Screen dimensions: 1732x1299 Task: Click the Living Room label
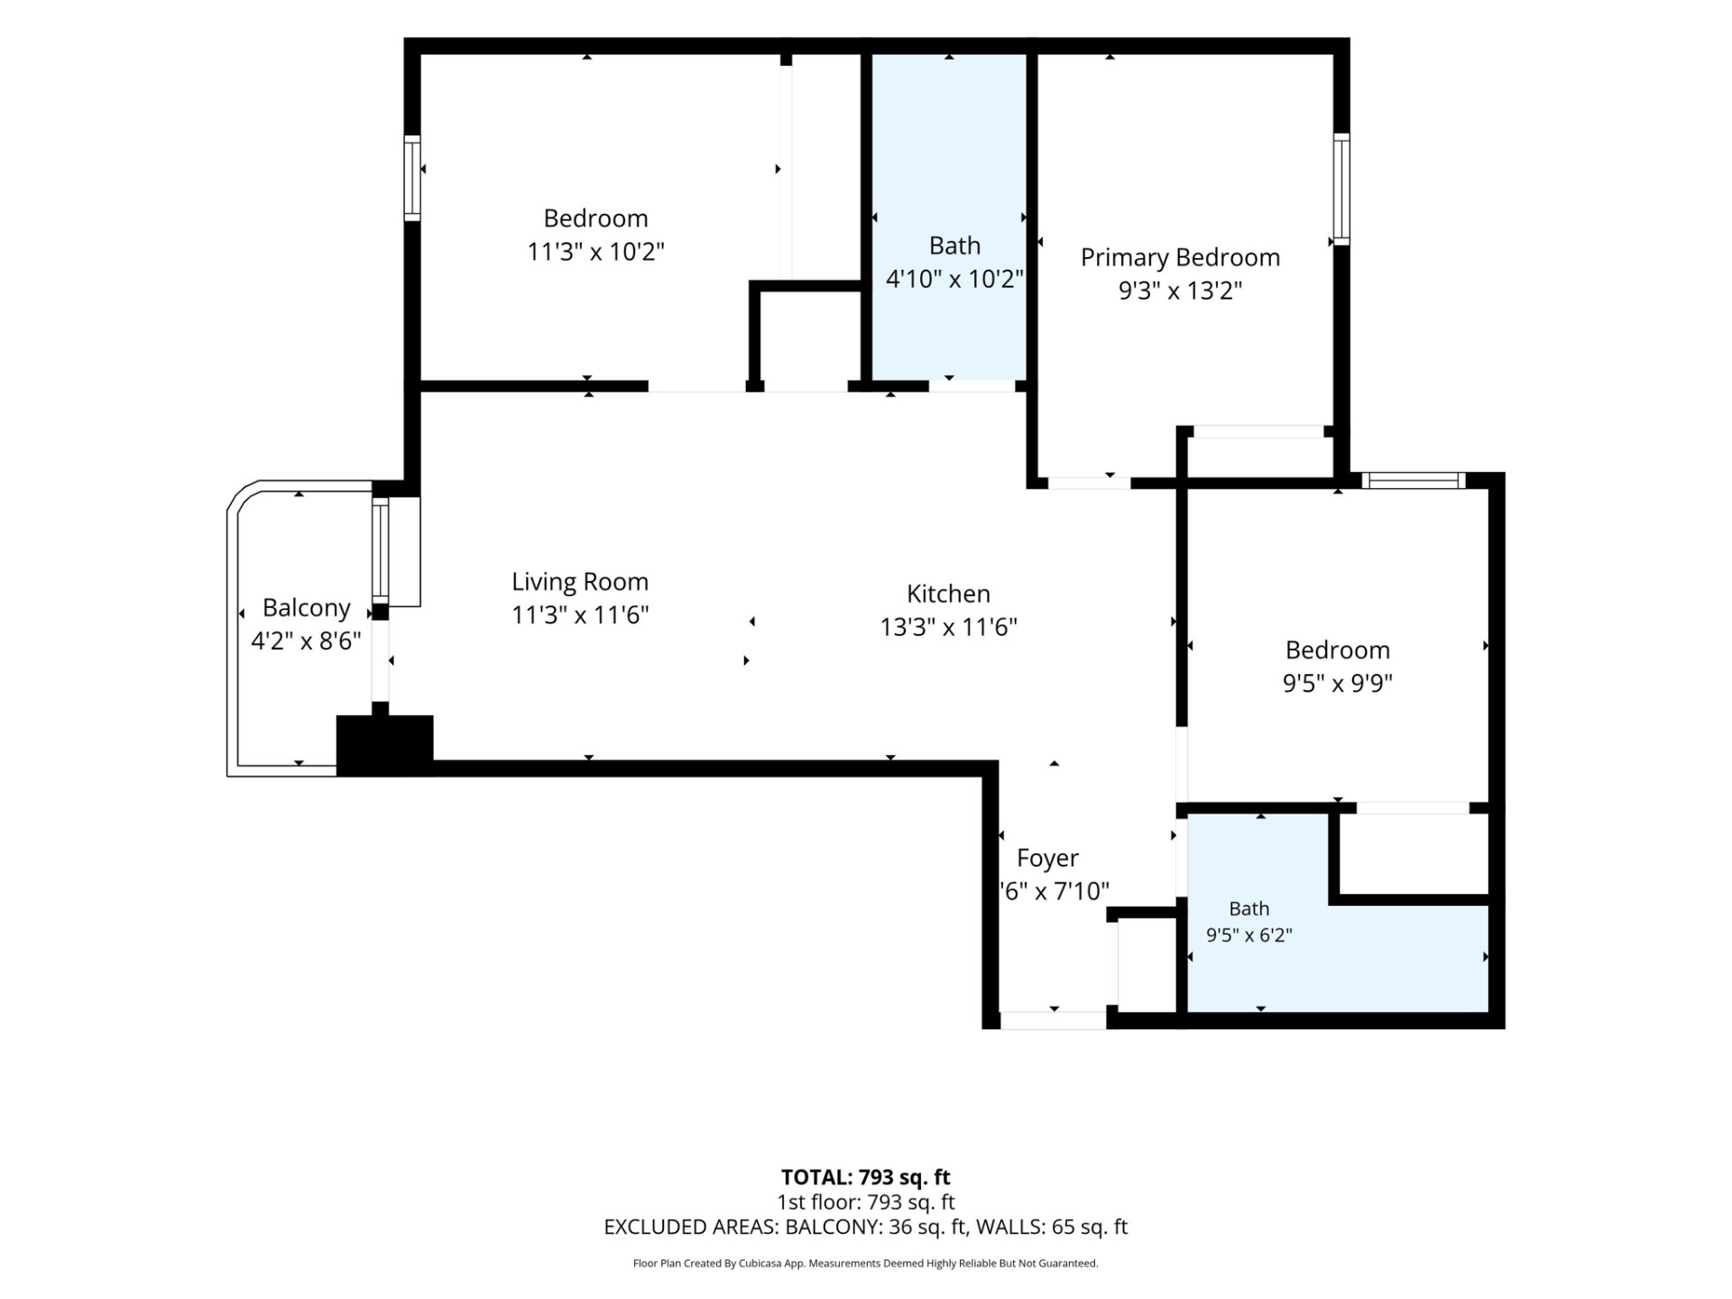click(580, 582)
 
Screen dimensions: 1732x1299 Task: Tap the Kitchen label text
click(948, 594)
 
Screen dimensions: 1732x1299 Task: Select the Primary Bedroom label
click(1180, 258)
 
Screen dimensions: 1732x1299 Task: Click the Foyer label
click(1047, 858)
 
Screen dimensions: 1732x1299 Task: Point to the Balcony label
click(306, 608)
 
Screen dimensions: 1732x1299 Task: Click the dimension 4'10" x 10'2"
click(954, 279)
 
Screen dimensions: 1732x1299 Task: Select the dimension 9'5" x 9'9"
click(1338, 683)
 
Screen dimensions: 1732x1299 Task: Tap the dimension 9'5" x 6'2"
click(1249, 935)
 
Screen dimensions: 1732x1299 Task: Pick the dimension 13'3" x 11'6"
click(948, 627)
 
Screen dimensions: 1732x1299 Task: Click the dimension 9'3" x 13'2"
click(1180, 290)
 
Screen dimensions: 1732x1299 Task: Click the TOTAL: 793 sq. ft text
click(865, 1177)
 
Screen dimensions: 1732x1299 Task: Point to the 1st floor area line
click(865, 1202)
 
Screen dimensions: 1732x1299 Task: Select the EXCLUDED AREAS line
click(865, 1227)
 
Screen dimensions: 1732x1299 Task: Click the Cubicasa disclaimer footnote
click(865, 1264)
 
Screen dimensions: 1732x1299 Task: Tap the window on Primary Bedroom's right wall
click(1341, 189)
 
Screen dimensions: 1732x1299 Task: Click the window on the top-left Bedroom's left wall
click(412, 178)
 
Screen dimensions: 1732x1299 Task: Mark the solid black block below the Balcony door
click(384, 745)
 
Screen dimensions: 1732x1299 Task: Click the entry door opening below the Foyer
click(1053, 1020)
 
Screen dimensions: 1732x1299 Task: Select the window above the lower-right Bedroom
click(1413, 481)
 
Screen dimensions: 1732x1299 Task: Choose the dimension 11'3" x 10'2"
click(595, 251)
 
